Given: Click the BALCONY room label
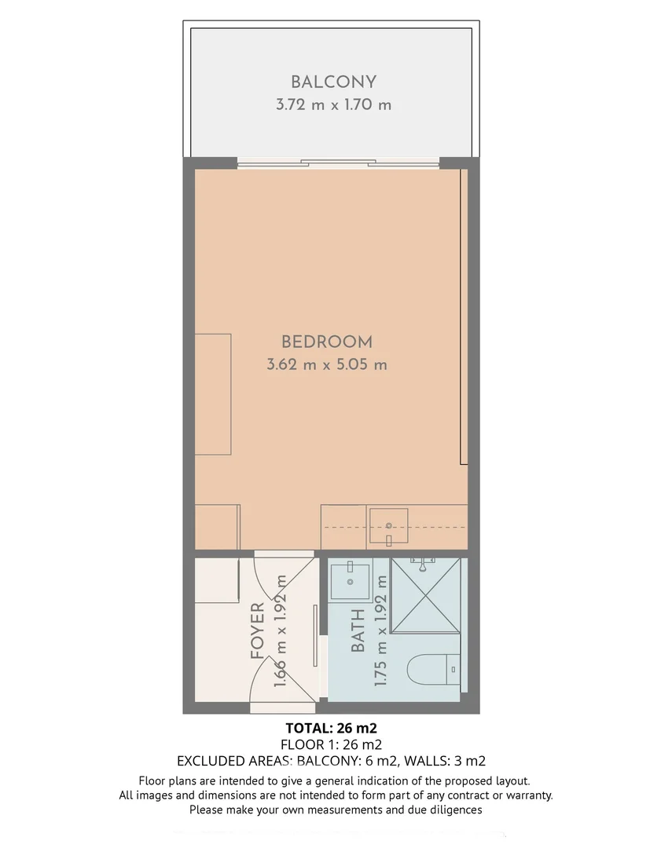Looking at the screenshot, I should (333, 82).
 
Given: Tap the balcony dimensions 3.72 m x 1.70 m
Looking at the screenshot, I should (333, 104).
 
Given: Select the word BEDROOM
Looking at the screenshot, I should (327, 342).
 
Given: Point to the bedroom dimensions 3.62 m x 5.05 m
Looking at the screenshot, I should (327, 364).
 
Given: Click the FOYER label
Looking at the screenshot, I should (257, 631).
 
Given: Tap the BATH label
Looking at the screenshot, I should (358, 631).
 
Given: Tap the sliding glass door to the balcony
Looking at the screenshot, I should (338, 163).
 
